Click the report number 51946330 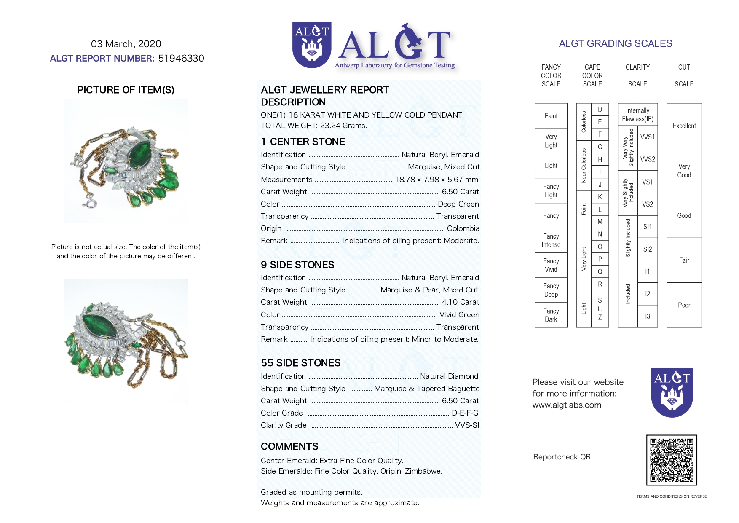click(181, 58)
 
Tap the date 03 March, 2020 click(126, 44)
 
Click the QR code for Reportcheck click(672, 460)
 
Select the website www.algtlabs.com click(567, 405)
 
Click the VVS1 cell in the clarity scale click(648, 137)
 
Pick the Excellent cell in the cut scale click(684, 126)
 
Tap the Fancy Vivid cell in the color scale click(551, 266)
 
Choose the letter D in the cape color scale click(600, 110)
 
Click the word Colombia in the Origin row click(463, 228)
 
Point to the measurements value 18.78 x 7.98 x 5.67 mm click(436, 180)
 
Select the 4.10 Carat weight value click(460, 302)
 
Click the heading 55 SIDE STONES click(300, 363)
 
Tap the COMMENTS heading click(289, 446)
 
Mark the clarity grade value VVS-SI click(467, 425)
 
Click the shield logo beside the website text click(672, 392)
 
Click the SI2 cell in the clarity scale click(648, 249)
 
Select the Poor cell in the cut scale click(684, 305)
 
